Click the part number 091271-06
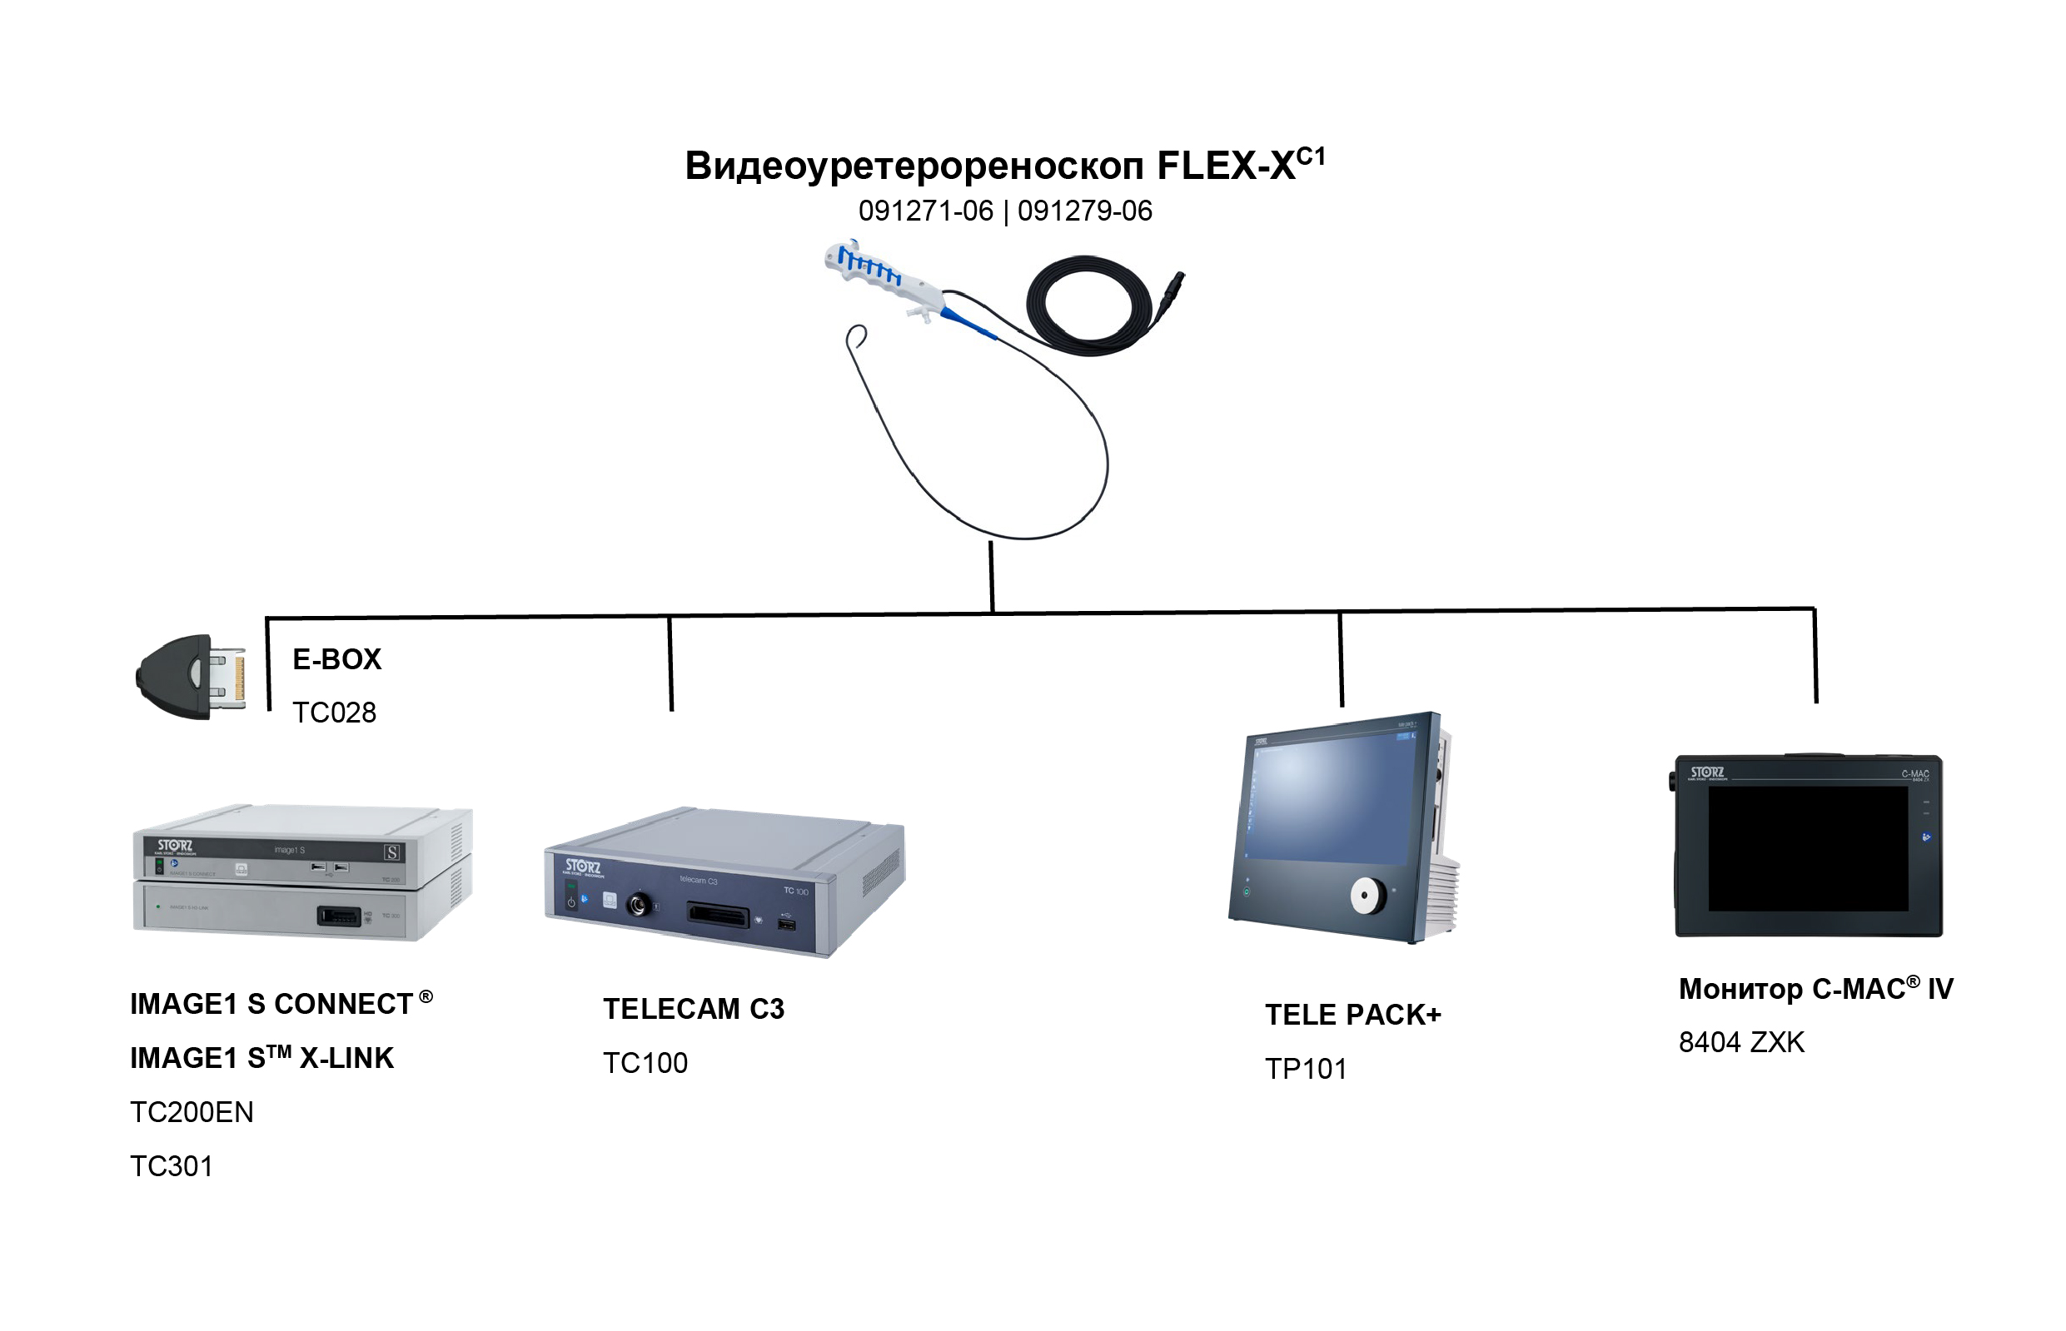[x=925, y=211]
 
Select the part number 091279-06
[x=1084, y=211]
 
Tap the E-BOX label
[x=336, y=659]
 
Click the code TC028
[x=334, y=713]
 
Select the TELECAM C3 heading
[x=694, y=1009]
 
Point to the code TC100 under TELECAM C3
[x=645, y=1063]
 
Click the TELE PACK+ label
[x=1353, y=1015]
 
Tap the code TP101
[x=1305, y=1069]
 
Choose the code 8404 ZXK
[x=1741, y=1042]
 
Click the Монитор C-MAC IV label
[x=1815, y=989]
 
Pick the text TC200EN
[x=191, y=1112]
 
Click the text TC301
[x=172, y=1167]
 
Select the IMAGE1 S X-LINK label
[x=261, y=1058]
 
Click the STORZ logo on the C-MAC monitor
[x=1706, y=772]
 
